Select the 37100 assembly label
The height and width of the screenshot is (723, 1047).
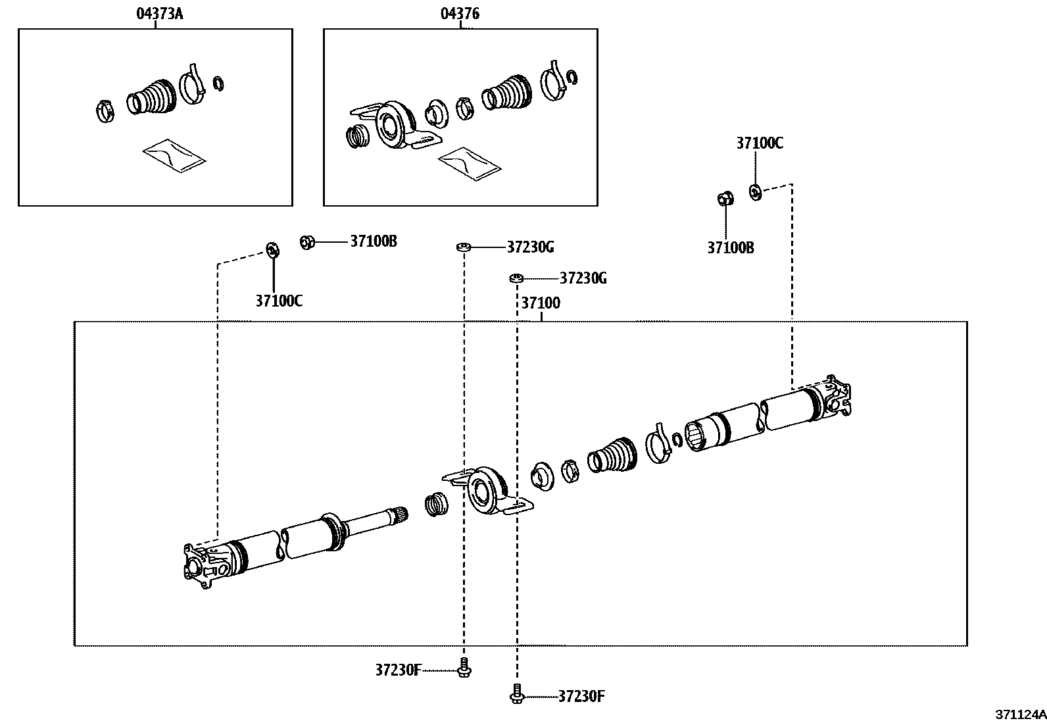(541, 303)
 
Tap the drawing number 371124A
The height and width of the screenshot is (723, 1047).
(1019, 714)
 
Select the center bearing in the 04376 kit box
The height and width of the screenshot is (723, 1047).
(393, 125)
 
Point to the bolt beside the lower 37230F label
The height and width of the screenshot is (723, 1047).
(516, 695)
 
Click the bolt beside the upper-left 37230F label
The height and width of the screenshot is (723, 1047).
(464, 668)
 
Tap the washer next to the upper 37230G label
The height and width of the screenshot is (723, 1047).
(464, 247)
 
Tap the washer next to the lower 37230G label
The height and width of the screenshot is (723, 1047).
(516, 278)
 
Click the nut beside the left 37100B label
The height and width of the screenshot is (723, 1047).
(306, 242)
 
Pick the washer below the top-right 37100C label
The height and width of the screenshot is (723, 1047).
(755, 191)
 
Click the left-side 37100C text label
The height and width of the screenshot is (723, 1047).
(279, 301)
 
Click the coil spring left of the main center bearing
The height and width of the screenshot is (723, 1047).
(435, 505)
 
